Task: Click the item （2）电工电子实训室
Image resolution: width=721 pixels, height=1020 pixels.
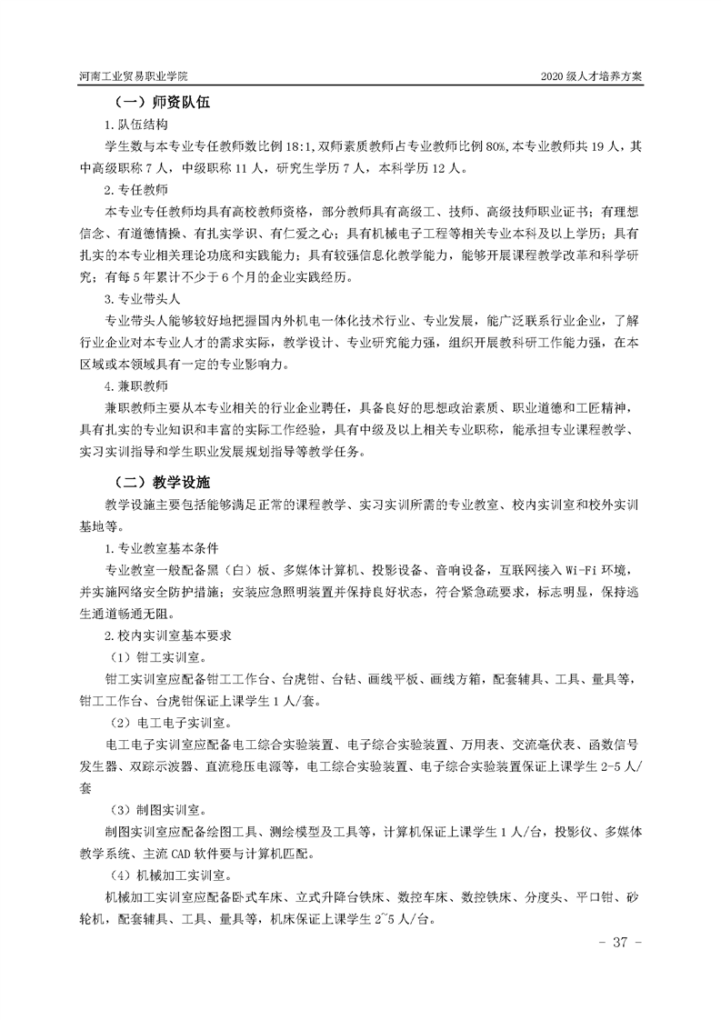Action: tap(169, 722)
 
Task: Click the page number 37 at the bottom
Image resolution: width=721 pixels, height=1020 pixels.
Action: tap(621, 942)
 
